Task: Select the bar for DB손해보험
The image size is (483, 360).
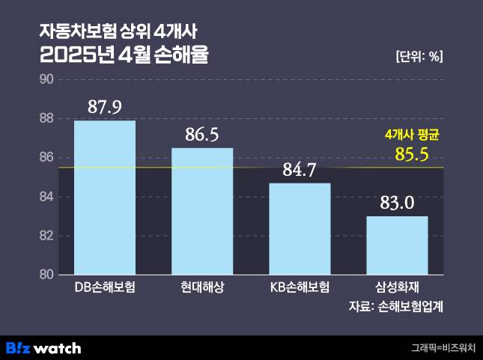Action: [x=104, y=198]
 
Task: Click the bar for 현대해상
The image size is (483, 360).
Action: [x=202, y=211]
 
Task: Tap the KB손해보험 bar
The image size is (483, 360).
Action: [x=300, y=228]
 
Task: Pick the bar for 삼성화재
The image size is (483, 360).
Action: [x=397, y=245]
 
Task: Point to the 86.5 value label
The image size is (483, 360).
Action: [x=202, y=135]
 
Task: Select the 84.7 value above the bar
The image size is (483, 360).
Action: [x=300, y=169]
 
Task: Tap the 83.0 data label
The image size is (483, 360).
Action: [x=397, y=203]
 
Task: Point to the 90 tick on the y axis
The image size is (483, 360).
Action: [x=45, y=79]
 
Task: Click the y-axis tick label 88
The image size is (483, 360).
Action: [x=45, y=118]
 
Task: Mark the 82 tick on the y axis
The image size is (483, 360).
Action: [x=45, y=236]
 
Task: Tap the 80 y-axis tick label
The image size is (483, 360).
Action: [x=45, y=275]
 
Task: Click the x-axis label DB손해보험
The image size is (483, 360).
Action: [x=104, y=287]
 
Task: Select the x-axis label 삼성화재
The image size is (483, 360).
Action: [x=397, y=287]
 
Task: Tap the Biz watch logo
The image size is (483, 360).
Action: [x=43, y=348]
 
